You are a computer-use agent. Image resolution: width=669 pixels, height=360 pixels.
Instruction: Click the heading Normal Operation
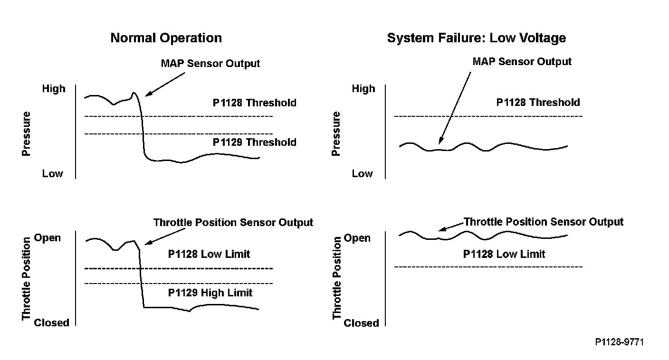coord(166,38)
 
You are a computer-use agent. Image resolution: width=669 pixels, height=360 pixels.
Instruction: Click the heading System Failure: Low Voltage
coord(476,38)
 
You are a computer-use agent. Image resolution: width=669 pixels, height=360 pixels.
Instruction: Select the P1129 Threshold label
coord(254,142)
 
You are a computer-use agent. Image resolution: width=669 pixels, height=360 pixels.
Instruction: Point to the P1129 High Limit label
coord(210,293)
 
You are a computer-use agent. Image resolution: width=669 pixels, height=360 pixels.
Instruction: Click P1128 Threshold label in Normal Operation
coord(254,103)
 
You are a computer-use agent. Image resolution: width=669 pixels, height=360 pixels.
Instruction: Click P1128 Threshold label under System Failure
coord(538,102)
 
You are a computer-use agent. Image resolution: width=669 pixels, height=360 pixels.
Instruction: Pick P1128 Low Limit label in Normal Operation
coord(209,254)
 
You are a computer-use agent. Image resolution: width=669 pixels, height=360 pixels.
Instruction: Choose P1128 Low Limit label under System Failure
coord(504,254)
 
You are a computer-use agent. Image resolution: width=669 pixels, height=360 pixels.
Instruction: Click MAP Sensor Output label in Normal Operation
coord(210,64)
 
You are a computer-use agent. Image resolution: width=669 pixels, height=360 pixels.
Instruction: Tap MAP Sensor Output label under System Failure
coord(522,62)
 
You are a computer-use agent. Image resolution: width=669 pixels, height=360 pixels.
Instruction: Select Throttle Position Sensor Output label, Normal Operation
coord(233,222)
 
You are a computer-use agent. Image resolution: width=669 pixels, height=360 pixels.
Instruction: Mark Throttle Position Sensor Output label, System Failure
coord(543,222)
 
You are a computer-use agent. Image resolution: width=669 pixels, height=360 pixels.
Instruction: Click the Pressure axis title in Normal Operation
coord(26,134)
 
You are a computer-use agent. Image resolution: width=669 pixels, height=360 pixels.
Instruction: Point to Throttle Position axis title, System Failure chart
coord(337,278)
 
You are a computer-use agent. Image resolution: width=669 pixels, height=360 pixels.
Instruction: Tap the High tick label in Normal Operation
coord(54,89)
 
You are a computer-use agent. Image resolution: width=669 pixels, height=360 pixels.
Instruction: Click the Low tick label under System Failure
coord(362,174)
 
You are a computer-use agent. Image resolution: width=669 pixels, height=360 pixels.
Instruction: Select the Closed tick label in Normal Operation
coord(51,323)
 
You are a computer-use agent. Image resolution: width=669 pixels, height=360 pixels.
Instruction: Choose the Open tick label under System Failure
coord(357,238)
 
